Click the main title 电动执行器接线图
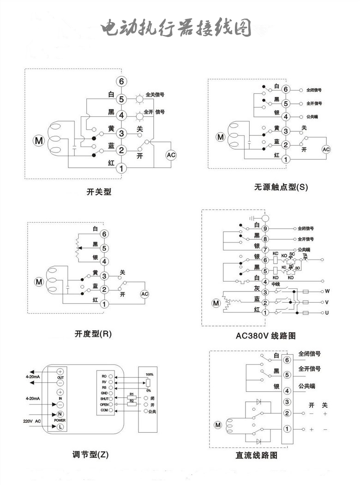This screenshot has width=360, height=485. point(176,28)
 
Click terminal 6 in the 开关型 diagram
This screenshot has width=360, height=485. point(121,82)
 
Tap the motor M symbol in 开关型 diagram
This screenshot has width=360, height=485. point(37,139)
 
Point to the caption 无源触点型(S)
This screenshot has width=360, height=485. point(281,187)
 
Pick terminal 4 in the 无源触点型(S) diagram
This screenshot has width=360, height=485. point(286,117)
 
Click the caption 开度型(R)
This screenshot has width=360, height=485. point(93,333)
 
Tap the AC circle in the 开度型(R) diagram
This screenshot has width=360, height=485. point(144,294)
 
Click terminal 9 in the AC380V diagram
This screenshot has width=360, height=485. point(265,228)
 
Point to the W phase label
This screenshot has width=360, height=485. point(327,291)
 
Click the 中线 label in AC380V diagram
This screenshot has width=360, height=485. point(276,284)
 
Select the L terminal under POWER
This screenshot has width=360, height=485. point(60,427)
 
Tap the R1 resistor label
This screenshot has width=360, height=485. point(132,394)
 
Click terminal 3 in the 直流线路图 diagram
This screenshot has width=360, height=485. point(287,402)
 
